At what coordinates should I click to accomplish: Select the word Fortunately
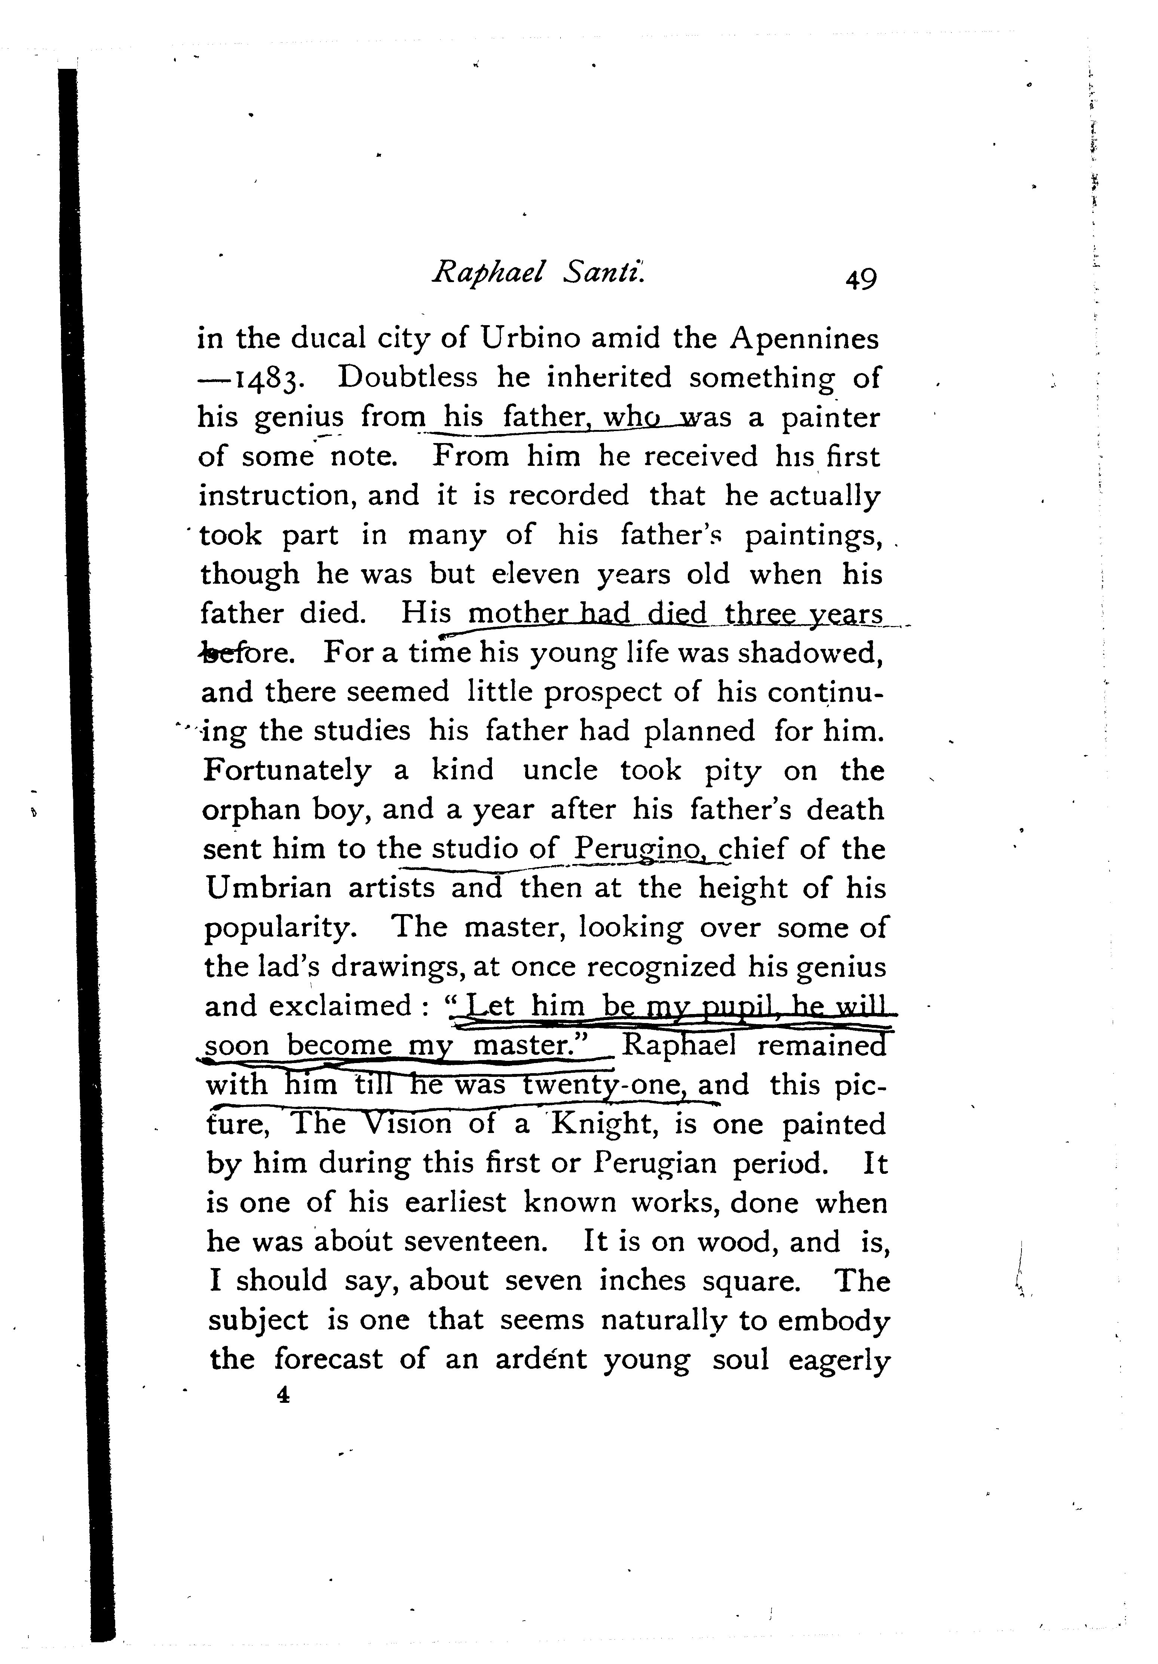pos(287,770)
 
